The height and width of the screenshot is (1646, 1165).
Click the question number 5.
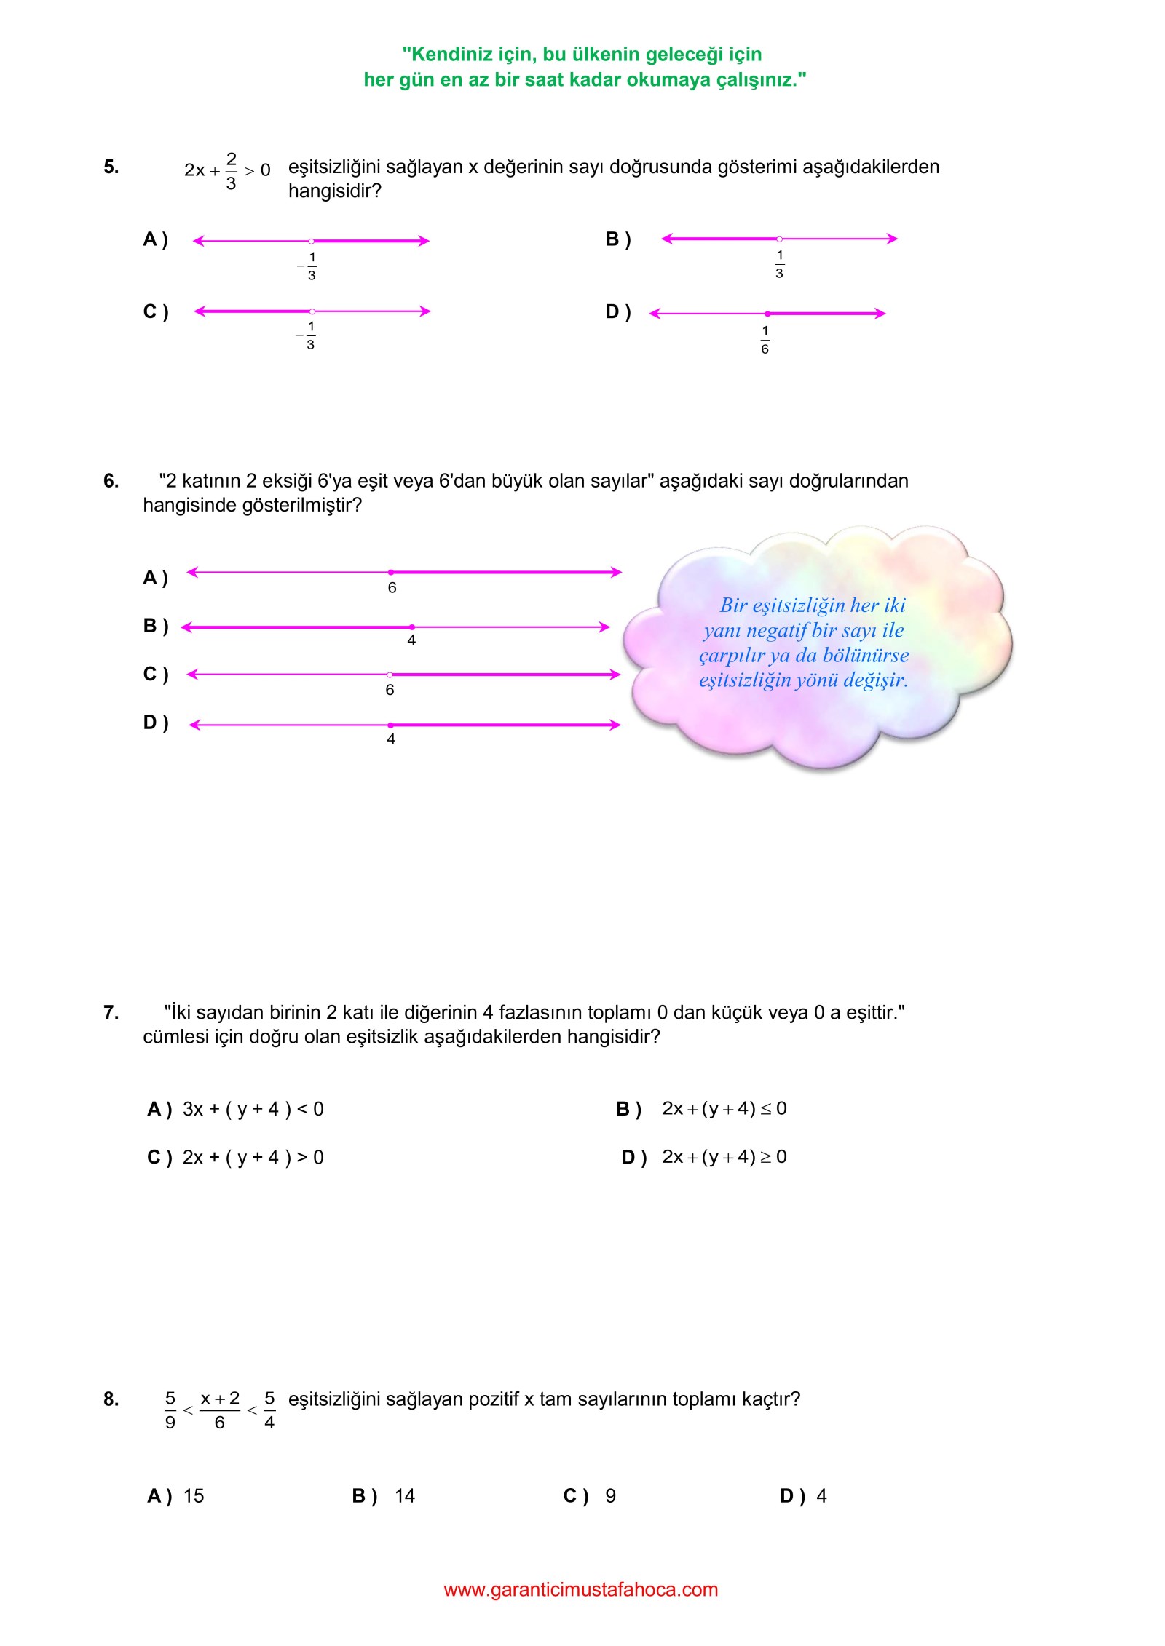(x=111, y=167)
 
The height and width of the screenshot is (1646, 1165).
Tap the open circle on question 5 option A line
(x=312, y=241)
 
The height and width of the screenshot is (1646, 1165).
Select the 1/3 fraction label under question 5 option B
(x=779, y=264)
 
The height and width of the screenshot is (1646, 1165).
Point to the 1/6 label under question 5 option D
(x=765, y=340)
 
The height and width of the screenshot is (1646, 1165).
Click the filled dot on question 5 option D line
(x=767, y=314)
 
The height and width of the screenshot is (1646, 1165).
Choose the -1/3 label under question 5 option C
(x=308, y=335)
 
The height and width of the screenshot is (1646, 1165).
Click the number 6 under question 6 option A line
(x=392, y=588)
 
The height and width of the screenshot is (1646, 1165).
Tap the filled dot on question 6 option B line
(x=411, y=627)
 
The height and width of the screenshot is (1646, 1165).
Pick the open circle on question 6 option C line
(x=390, y=675)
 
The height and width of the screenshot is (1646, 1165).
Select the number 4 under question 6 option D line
(x=391, y=739)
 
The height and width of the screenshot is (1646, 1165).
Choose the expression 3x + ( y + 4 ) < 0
(x=253, y=1109)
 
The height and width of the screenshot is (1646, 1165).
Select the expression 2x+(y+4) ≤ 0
(x=724, y=1108)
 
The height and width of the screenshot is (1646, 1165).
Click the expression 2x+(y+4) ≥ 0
(x=724, y=1156)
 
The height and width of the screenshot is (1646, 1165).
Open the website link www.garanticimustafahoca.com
(x=581, y=1590)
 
